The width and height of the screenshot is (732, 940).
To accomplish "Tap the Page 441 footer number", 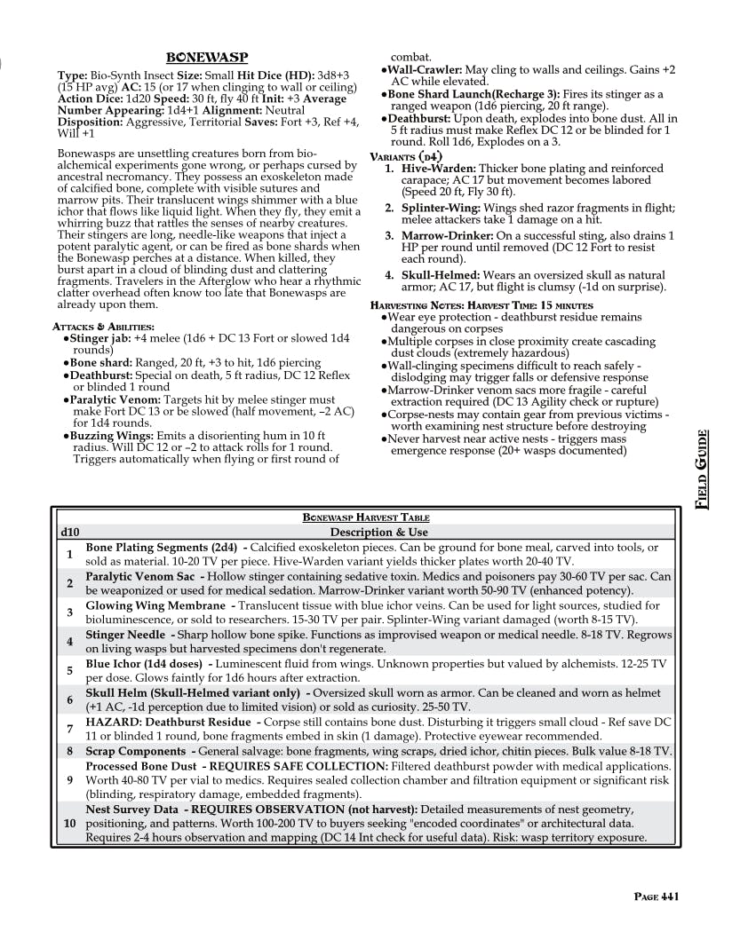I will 657,897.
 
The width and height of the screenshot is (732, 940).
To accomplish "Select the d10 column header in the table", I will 69,532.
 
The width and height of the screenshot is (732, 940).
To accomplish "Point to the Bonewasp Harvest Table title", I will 366,517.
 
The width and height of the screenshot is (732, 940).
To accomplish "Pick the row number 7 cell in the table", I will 69,729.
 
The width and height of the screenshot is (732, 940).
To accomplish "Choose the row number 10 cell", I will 69,823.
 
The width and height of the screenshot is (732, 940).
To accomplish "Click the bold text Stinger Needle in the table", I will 126,635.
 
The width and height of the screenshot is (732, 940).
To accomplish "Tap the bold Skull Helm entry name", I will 121,692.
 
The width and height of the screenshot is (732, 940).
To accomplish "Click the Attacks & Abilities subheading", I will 104,328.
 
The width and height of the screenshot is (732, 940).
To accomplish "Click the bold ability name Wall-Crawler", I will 424,69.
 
